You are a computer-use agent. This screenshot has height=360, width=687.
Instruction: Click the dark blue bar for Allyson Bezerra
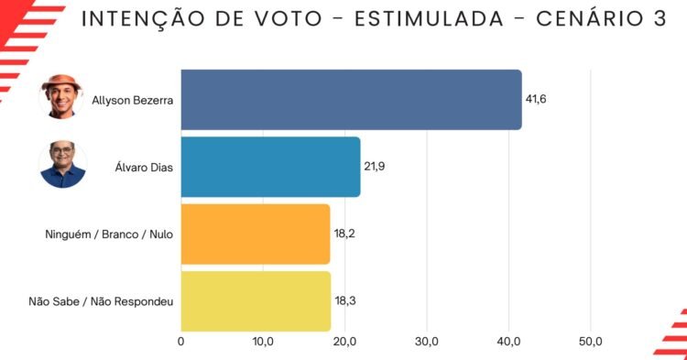352,100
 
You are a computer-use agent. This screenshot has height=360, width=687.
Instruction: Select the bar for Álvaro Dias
271,167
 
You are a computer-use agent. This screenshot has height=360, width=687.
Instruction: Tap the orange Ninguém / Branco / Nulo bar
256,235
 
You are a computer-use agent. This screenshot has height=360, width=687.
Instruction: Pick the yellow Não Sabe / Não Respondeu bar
256,301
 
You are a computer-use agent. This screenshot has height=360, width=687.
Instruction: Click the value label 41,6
536,100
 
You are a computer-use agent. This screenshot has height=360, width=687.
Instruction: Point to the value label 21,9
374,167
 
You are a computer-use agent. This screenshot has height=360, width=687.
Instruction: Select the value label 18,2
344,234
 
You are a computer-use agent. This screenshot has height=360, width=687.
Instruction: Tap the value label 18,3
345,300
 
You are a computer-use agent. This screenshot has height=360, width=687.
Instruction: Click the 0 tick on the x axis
181,342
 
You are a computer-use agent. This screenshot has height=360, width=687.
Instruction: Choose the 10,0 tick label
263,342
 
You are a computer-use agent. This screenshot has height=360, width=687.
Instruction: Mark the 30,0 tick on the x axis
427,342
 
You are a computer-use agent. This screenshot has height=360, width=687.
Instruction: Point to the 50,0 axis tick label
591,342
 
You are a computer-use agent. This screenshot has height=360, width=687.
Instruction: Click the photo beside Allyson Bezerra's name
61,97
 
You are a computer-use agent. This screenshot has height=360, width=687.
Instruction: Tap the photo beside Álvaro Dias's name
62,164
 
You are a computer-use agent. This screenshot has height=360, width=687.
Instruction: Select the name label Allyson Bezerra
132,100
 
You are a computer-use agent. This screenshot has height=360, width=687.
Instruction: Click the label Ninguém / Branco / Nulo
109,235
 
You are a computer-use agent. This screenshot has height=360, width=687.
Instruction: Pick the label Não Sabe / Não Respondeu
101,301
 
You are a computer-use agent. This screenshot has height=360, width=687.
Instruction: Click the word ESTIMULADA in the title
430,19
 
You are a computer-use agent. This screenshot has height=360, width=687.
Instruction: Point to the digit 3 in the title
660,19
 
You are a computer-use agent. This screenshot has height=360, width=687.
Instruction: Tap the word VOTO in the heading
289,19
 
